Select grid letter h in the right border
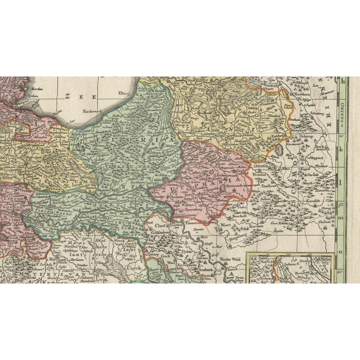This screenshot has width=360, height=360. coord(344,80)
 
